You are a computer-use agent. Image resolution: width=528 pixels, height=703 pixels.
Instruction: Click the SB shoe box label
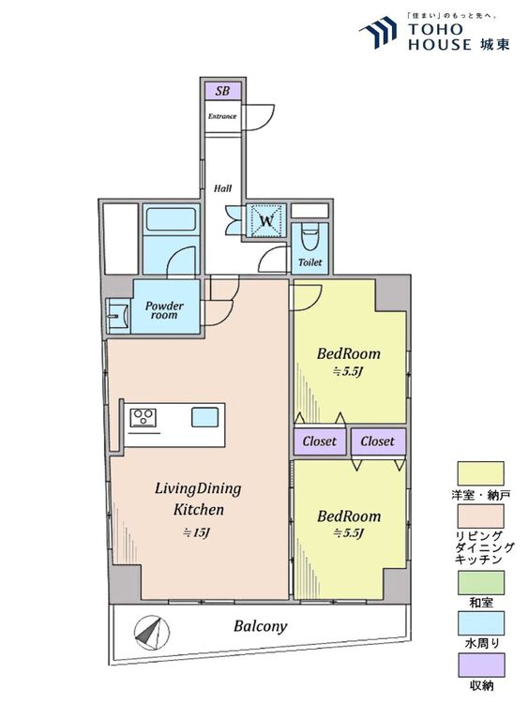tap(222, 91)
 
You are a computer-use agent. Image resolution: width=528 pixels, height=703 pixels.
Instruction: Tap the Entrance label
tap(222, 116)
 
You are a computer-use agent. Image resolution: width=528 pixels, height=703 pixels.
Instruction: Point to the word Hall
tap(222, 188)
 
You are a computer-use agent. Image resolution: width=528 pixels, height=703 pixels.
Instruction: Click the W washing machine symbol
tap(266, 220)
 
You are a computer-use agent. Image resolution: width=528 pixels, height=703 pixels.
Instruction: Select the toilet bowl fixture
tap(309, 237)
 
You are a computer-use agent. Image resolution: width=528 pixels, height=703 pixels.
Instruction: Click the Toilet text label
tap(310, 262)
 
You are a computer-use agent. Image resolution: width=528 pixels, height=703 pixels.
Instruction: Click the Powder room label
tap(164, 310)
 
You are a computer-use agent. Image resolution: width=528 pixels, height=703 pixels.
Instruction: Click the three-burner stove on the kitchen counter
tap(143, 418)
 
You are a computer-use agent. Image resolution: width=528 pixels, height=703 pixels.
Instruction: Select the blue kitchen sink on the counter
tap(205, 417)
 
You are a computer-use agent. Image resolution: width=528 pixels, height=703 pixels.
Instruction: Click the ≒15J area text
tap(197, 533)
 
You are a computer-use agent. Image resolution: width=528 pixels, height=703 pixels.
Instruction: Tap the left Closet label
tap(320, 441)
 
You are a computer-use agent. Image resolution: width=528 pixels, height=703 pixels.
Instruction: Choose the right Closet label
tap(377, 441)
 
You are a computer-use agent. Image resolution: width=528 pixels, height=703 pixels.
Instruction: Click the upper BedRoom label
tap(349, 353)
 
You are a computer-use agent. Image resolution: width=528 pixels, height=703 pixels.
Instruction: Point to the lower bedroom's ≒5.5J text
tap(349, 533)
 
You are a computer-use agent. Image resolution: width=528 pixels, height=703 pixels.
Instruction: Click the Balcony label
tap(260, 626)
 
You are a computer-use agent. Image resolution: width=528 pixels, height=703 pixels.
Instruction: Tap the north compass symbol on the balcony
tap(152, 634)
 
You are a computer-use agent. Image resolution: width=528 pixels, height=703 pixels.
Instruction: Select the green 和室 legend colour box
tap(480, 582)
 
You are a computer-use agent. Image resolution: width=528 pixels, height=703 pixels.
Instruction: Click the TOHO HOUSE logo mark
tap(378, 32)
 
